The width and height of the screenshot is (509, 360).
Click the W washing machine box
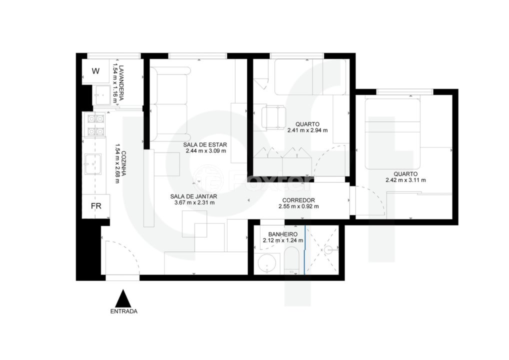click(95, 71)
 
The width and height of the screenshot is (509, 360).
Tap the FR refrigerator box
click(96, 206)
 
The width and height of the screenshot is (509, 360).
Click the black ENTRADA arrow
click(123, 298)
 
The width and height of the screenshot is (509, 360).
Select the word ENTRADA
click(123, 311)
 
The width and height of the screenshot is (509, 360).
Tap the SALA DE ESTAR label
click(205, 145)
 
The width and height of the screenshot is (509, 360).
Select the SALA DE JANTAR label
click(193, 196)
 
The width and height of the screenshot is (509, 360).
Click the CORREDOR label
click(298, 200)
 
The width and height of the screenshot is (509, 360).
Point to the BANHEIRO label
click(282, 234)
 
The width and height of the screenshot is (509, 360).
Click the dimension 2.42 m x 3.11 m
click(405, 180)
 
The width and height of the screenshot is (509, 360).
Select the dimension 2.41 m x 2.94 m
click(307, 130)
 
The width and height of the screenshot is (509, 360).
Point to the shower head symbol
click(329, 249)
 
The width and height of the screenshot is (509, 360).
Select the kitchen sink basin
click(93, 164)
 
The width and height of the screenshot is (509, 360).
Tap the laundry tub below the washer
click(102, 95)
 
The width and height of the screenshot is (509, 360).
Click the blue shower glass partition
click(305, 250)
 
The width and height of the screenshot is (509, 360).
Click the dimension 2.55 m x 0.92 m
click(298, 206)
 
